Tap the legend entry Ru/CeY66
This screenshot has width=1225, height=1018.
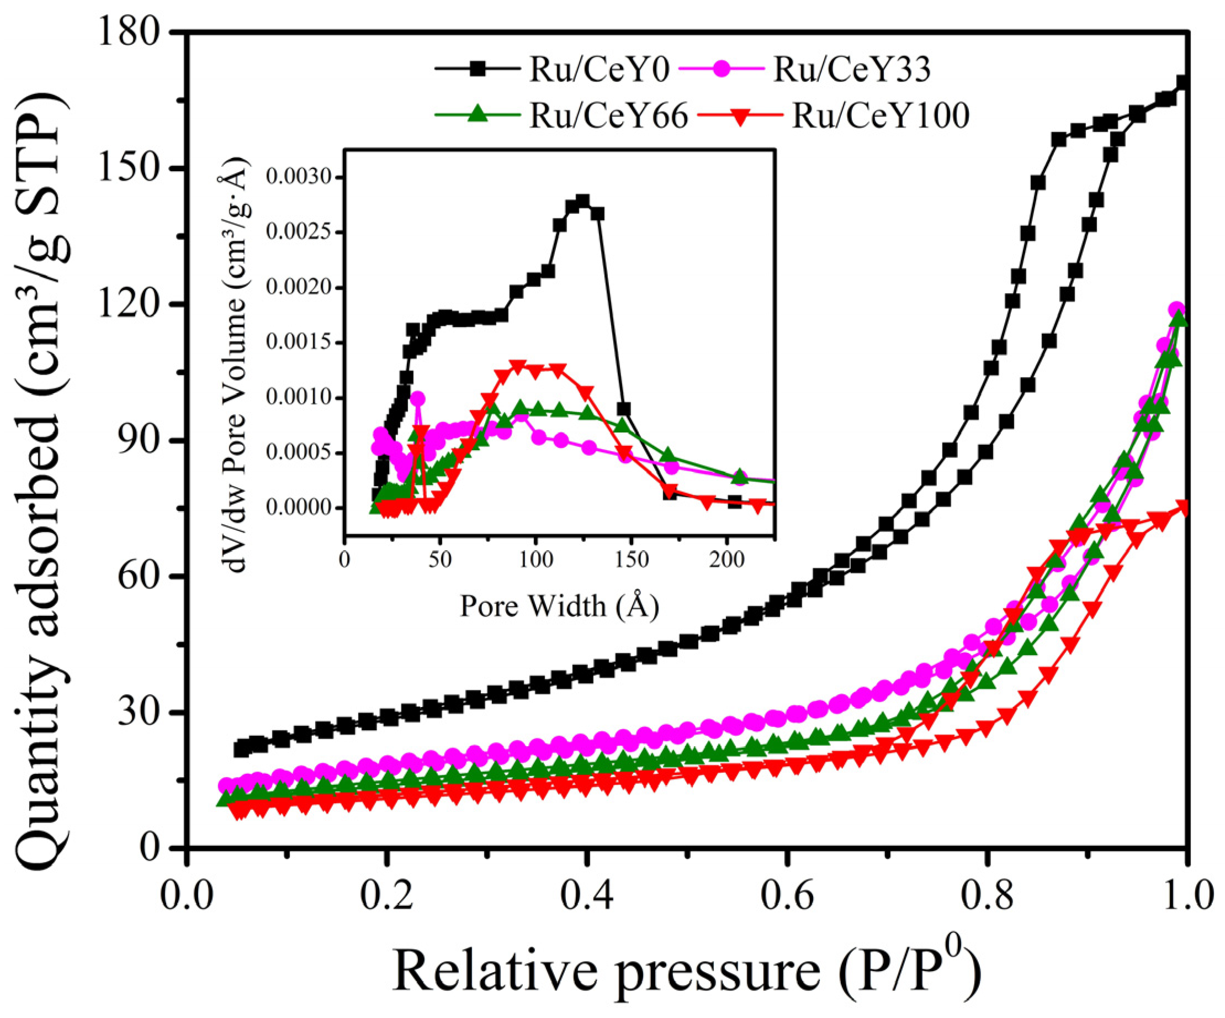[608, 115]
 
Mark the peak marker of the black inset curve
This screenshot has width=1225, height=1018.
[582, 202]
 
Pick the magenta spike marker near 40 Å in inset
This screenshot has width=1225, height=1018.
[418, 398]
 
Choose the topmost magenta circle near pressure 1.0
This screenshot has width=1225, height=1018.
[1176, 309]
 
